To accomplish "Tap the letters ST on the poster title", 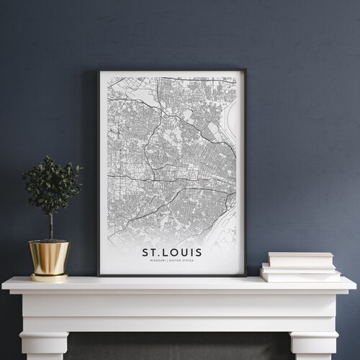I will click(150, 252).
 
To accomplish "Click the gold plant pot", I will click(49, 256).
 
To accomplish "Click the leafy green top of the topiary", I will click(52, 186).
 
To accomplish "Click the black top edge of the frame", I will click(171, 71).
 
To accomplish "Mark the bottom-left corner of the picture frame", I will click(98, 275).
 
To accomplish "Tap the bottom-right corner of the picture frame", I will click(246, 276).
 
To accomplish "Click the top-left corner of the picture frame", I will click(98, 71).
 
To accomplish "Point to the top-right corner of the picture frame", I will click(246, 71).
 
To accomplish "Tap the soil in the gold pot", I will click(49, 242).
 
